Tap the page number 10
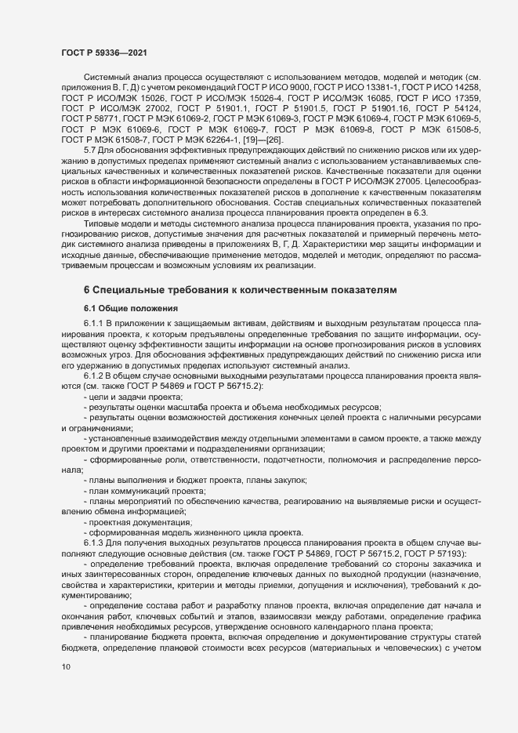[x=65, y=667]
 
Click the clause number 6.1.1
[x=94, y=323]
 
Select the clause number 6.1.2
[x=94, y=377]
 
